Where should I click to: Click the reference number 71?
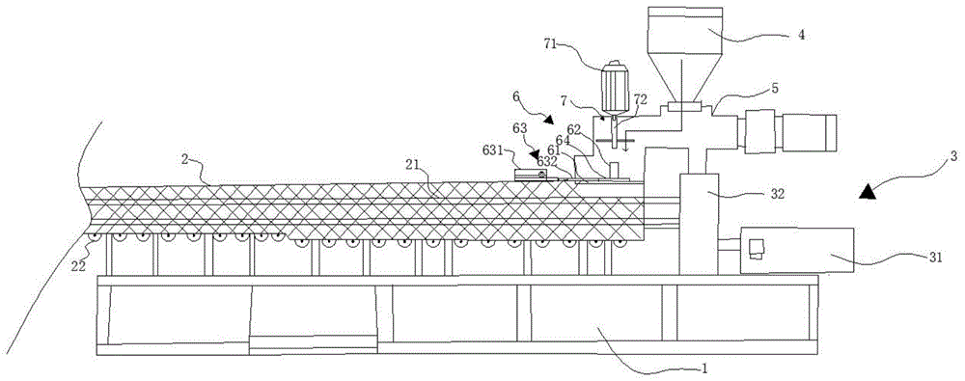pyautogui.click(x=552, y=43)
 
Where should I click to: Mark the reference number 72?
pyautogui.click(x=639, y=99)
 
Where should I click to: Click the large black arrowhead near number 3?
pyautogui.click(x=868, y=192)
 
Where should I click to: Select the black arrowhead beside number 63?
pyautogui.click(x=533, y=154)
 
